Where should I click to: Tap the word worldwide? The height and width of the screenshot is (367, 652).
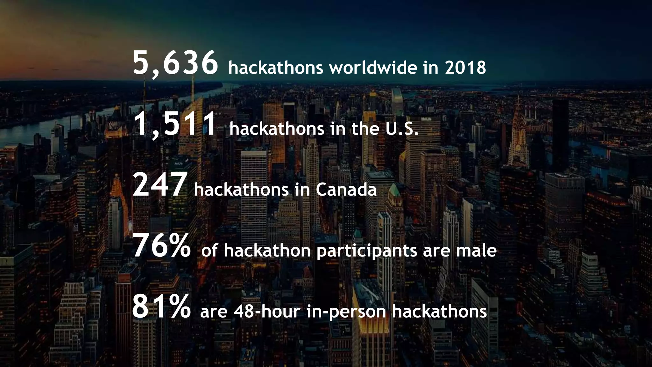[373, 68]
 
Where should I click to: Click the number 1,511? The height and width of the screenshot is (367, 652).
[175, 125]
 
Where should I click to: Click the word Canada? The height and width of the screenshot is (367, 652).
[346, 190]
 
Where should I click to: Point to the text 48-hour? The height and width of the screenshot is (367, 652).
[267, 312]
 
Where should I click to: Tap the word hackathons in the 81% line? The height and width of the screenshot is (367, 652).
[439, 312]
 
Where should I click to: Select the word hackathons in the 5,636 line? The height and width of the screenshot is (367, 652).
[276, 68]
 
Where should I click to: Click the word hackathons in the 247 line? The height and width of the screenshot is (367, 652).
[241, 190]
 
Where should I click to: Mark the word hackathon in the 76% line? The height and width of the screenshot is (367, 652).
[267, 251]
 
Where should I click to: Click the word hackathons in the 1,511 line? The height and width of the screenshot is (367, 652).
[277, 129]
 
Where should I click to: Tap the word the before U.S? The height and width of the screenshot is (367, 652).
[365, 129]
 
